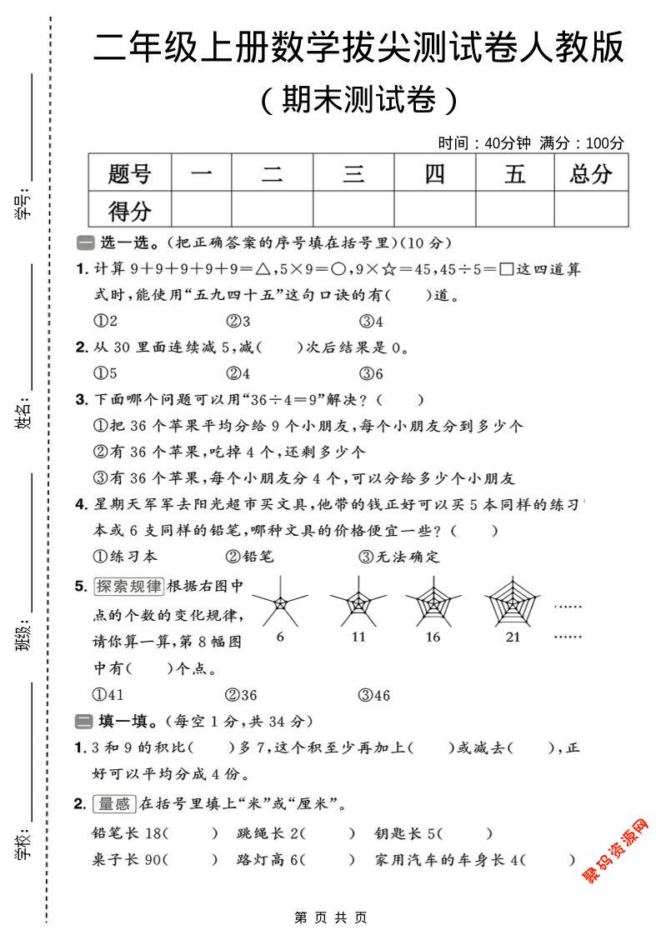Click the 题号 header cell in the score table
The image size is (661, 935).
tap(129, 174)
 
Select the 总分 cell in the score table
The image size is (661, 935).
tap(590, 174)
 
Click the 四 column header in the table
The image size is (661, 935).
tap(434, 174)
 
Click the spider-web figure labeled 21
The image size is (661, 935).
tap(513, 602)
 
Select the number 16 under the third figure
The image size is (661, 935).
tap(433, 637)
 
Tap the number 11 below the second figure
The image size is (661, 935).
tap(359, 637)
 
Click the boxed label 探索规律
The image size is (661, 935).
tap(128, 586)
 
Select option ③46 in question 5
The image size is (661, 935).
tap(374, 695)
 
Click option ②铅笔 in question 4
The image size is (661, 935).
tap(249, 556)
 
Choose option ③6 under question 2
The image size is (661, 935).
tap(371, 373)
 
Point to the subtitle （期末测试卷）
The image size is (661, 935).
tap(358, 101)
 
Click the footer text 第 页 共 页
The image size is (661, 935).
tap(331, 917)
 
